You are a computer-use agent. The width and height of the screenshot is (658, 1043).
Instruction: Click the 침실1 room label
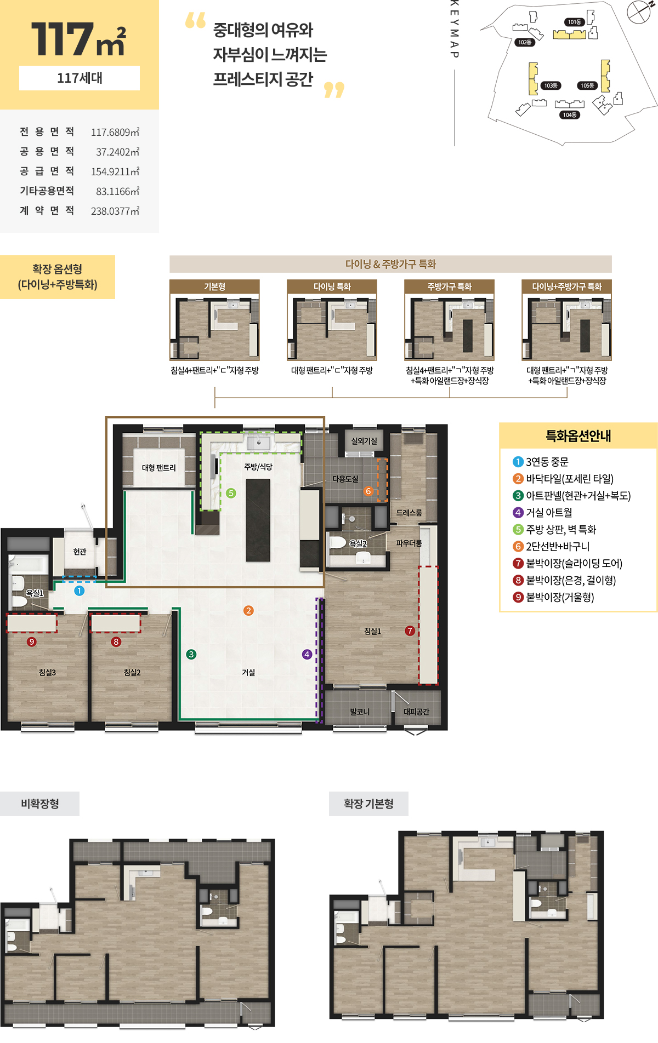[372, 631]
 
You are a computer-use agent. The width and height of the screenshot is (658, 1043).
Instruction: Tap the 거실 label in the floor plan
[248, 672]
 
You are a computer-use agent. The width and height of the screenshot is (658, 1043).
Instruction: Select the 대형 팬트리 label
[159, 468]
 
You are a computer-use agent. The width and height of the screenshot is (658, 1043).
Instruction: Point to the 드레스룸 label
[409, 513]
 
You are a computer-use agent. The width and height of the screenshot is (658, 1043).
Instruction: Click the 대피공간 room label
[416, 712]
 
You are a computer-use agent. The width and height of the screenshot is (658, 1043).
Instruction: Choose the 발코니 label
[360, 712]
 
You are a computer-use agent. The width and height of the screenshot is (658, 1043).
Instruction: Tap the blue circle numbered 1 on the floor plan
[80, 591]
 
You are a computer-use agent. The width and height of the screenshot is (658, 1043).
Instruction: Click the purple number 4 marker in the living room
[307, 654]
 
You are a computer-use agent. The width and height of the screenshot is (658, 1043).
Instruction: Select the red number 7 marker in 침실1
[410, 631]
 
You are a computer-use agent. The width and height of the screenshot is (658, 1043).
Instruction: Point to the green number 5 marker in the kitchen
[231, 493]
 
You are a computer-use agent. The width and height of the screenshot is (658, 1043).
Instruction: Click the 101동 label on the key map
[574, 22]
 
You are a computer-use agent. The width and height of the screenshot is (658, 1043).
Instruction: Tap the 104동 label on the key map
[570, 115]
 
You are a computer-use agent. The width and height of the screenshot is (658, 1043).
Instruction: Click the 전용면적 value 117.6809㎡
[115, 132]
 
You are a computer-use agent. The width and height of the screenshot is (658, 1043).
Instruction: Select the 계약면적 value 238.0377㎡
[115, 211]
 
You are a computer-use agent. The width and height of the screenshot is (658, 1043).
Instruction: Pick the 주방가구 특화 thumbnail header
[449, 286]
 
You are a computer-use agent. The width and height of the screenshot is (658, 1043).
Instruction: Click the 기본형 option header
[214, 286]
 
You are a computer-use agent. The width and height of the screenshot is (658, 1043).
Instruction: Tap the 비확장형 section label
[39, 804]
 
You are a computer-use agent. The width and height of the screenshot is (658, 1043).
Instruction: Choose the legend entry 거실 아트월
[543, 513]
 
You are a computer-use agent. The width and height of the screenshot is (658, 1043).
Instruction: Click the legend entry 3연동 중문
[541, 462]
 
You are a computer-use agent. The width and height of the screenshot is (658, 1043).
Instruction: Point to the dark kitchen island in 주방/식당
[258, 520]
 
